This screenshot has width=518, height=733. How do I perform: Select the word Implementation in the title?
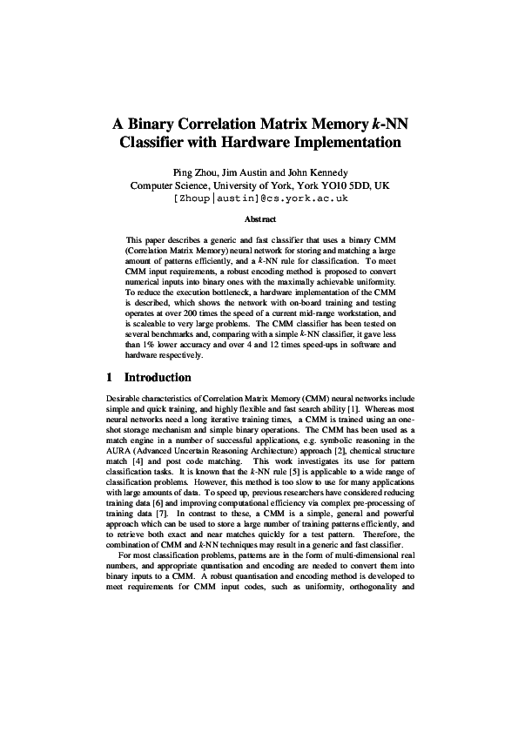coord(354,142)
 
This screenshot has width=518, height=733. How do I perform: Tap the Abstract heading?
coord(259,220)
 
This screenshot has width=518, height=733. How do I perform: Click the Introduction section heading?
coord(158,378)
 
